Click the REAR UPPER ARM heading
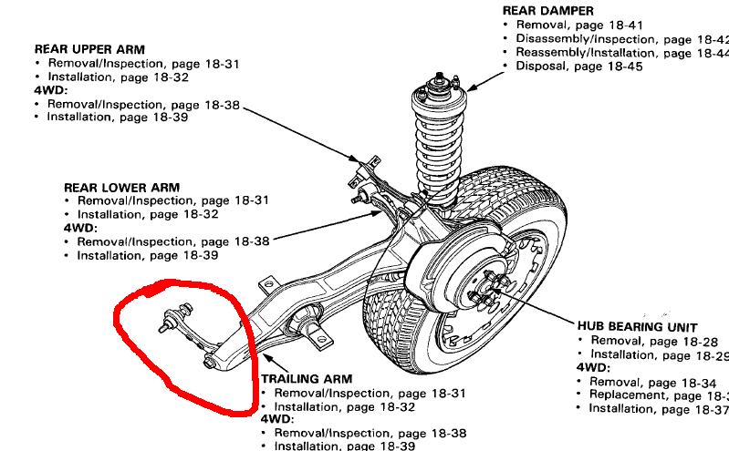[x=89, y=48]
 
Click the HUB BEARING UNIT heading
[x=637, y=325]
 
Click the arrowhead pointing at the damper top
[x=466, y=87]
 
